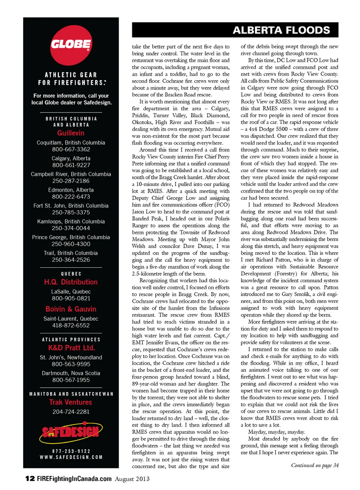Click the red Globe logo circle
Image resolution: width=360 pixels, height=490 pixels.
71,45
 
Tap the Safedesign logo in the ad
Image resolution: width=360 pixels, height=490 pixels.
71,432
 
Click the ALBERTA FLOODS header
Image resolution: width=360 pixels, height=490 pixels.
281,30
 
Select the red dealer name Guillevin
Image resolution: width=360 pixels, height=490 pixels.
71,133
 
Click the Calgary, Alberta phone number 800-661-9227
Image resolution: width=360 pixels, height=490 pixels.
71,165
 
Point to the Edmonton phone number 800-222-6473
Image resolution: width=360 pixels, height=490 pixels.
71,196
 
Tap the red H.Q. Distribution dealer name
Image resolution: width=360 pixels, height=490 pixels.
71,282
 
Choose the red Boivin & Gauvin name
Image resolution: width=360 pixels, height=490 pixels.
71,309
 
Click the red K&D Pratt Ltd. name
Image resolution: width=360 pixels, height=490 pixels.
71,348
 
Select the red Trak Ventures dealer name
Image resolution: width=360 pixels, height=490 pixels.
71,402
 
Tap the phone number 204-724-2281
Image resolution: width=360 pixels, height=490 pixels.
71,412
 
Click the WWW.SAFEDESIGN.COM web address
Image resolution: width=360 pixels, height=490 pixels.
71,457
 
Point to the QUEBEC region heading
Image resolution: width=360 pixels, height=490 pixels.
71,274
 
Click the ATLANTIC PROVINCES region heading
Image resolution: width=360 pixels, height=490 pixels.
71,340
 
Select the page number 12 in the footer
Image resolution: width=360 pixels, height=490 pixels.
30,478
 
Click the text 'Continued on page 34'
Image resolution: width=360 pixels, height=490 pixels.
315,465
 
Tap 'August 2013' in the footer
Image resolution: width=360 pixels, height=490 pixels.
132,479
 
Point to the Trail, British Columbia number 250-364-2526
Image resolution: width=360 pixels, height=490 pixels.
71,260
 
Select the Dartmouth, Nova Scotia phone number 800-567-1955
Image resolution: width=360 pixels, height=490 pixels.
71,380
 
